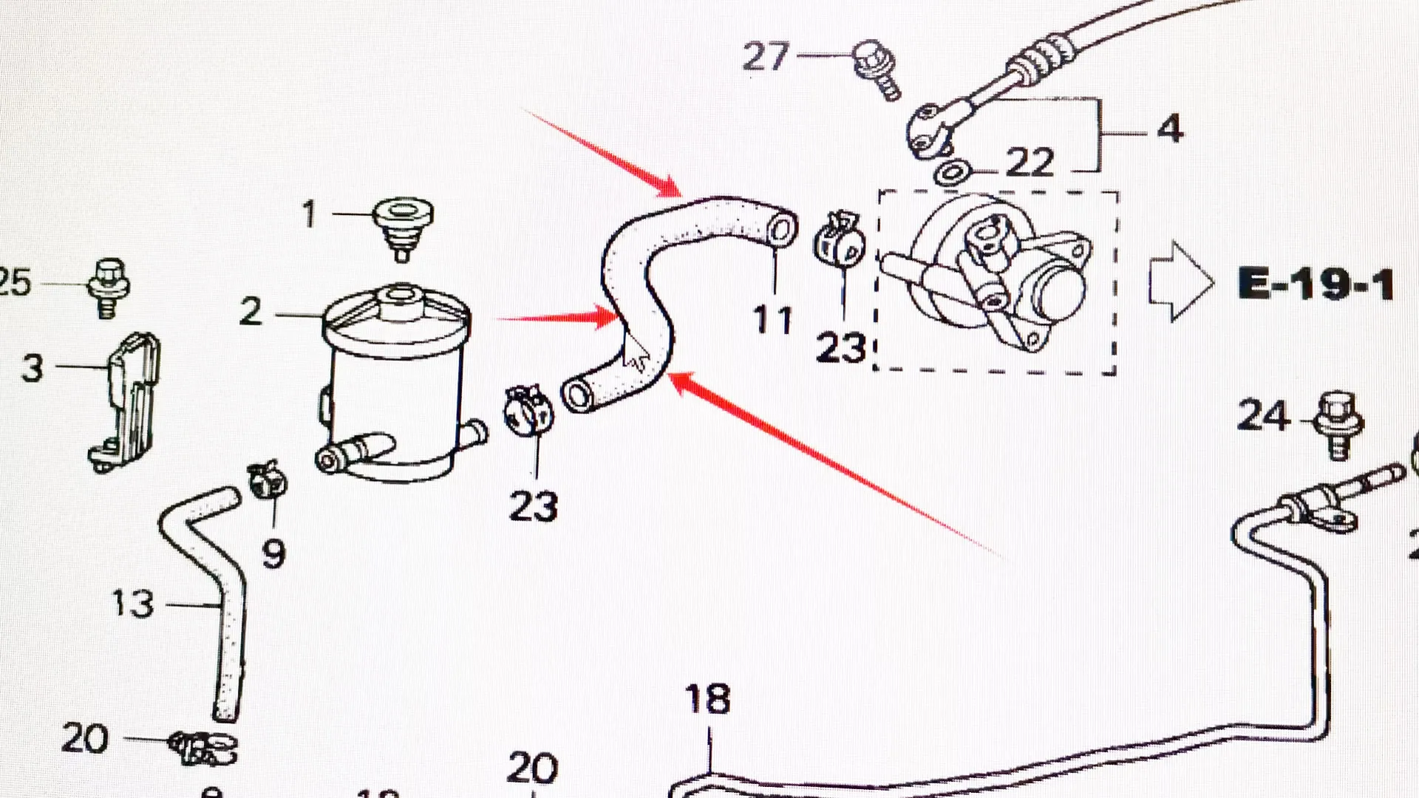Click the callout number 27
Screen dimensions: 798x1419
pos(766,57)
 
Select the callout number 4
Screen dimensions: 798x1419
pos(1169,129)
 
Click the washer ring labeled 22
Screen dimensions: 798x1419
pos(952,174)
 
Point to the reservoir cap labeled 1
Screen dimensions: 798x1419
pos(402,225)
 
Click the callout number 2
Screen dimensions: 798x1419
pos(251,311)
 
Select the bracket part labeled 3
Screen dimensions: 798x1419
pos(129,403)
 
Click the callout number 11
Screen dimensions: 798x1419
pos(772,320)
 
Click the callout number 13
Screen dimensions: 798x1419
pos(133,604)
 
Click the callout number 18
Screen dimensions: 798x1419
pos(707,699)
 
